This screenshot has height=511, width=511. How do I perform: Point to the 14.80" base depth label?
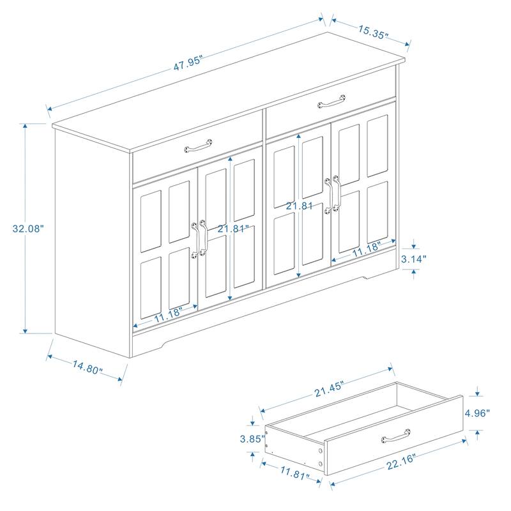(88, 369)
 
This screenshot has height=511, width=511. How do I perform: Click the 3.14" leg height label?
(414, 259)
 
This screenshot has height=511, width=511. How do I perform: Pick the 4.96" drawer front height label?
(478, 413)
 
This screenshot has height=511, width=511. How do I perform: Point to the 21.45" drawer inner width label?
(325, 387)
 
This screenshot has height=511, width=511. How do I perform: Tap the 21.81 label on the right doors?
(299, 206)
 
